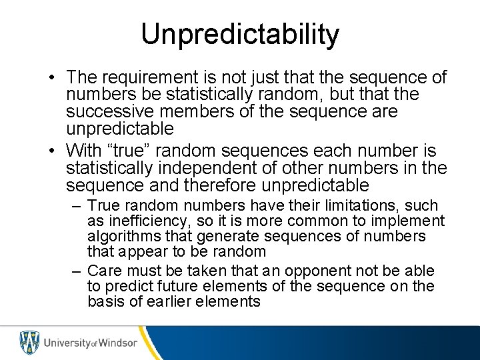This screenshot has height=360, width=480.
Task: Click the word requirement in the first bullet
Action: [149, 78]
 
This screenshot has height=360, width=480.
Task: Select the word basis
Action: [104, 301]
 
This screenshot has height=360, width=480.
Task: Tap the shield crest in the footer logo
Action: [29, 343]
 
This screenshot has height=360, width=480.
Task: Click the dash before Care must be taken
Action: [77, 271]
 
